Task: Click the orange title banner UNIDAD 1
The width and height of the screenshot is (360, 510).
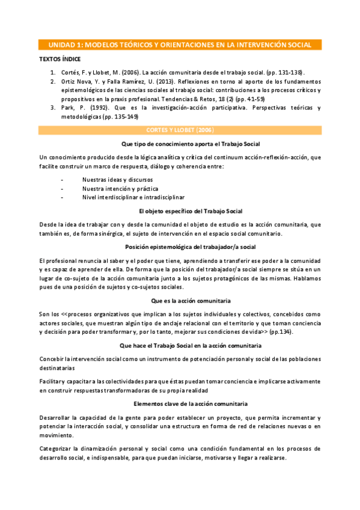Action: point(180,45)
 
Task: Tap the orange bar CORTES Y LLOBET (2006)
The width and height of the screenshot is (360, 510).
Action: point(180,130)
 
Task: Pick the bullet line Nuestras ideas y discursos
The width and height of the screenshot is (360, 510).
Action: point(117,180)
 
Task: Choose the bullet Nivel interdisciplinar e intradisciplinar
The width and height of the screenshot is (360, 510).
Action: point(133,197)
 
